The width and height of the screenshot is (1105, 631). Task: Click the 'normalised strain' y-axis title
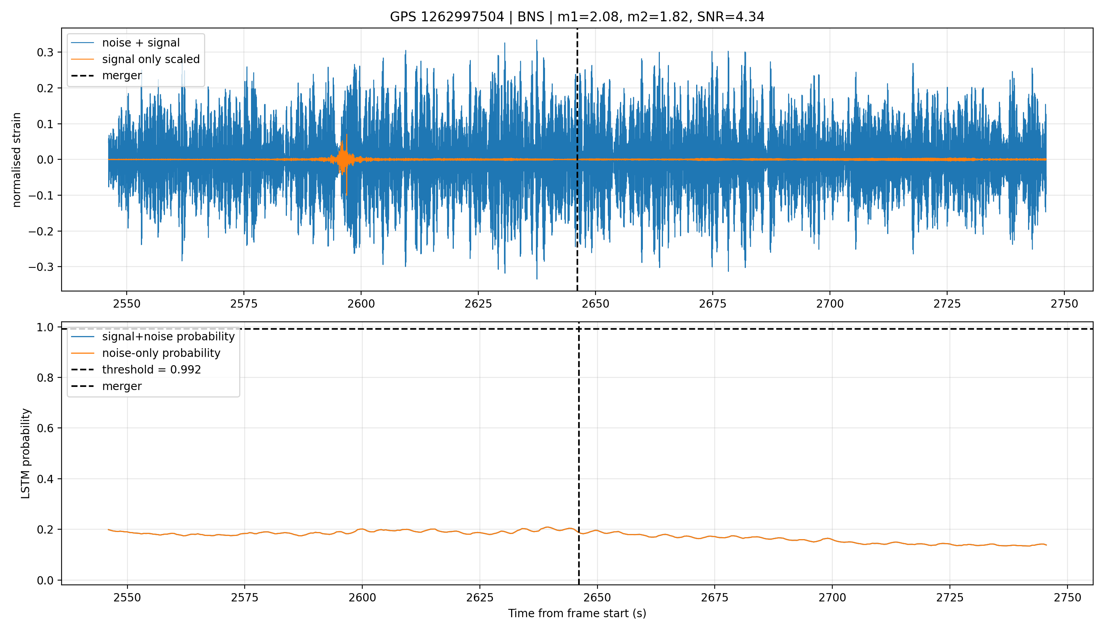click(x=17, y=160)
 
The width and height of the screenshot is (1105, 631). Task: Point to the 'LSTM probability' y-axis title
click(x=26, y=454)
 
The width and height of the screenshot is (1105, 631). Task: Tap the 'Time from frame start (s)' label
click(x=577, y=613)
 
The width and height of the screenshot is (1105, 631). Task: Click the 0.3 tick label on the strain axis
click(x=45, y=52)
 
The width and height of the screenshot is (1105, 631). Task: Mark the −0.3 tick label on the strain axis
click(x=41, y=267)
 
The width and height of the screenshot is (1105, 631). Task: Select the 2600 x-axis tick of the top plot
click(x=361, y=304)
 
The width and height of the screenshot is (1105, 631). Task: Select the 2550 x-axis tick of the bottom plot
click(x=127, y=597)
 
